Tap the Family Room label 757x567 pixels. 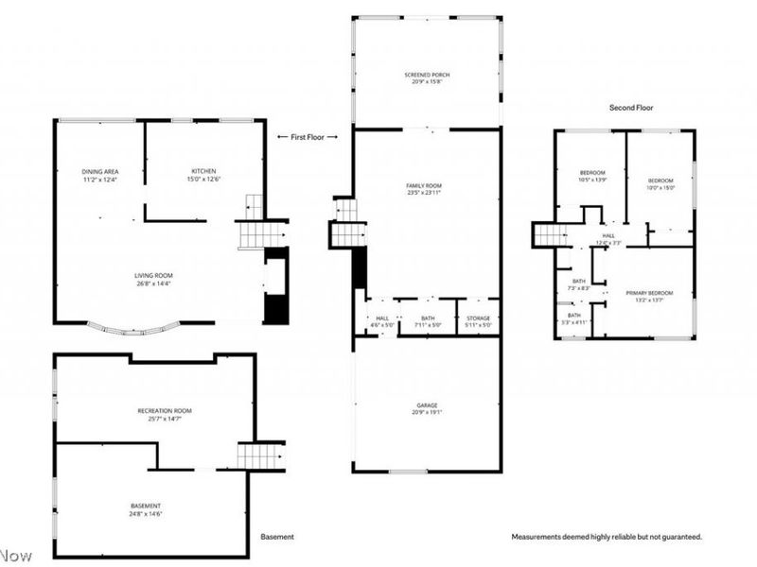[x=426, y=188]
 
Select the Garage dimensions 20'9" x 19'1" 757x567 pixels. [x=426, y=412]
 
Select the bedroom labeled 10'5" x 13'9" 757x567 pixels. [x=592, y=176]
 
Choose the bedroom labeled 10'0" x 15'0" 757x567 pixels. [x=660, y=183]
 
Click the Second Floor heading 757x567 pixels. [x=631, y=108]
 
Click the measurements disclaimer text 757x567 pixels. [x=607, y=537]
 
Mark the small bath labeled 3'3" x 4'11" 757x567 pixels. [x=573, y=318]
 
